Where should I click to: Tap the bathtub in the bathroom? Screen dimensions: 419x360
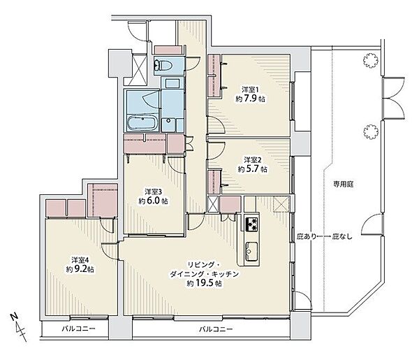click(x=142, y=123)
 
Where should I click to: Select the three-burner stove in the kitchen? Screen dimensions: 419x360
click(x=252, y=224)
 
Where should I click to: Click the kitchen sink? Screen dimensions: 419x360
click(x=251, y=251)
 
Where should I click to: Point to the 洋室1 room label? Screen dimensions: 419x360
click(x=251, y=89)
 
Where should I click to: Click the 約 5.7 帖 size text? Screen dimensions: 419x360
click(x=252, y=169)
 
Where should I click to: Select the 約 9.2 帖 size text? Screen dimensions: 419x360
click(x=80, y=269)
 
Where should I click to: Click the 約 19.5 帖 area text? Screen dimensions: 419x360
click(x=204, y=283)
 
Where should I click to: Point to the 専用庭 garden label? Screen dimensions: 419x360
click(x=343, y=184)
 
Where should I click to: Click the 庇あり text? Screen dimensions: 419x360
click(x=307, y=236)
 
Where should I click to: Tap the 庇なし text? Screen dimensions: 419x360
click(x=342, y=236)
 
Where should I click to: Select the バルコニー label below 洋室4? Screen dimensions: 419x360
click(x=78, y=328)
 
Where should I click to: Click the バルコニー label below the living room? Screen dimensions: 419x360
click(x=216, y=329)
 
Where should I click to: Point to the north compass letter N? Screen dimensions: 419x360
click(x=15, y=317)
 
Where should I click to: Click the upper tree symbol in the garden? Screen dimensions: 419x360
click(x=371, y=60)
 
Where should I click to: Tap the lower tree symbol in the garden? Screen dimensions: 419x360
click(x=372, y=132)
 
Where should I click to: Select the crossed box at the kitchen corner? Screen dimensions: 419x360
click(x=281, y=204)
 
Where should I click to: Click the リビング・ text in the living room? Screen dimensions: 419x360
click(x=204, y=265)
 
